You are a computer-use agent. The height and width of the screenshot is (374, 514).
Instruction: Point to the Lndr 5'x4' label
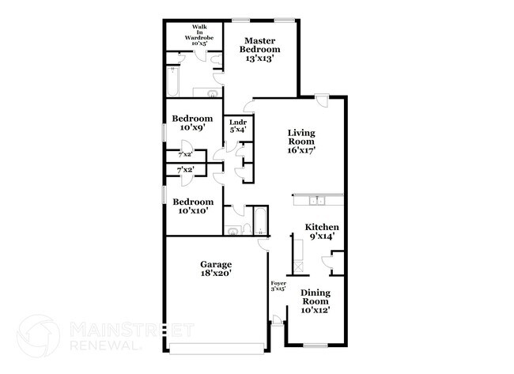tap(237, 126)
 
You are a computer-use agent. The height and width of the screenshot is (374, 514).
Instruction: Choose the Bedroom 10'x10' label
tap(193, 206)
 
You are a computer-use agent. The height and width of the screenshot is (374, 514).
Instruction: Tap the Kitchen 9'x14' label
tap(322, 231)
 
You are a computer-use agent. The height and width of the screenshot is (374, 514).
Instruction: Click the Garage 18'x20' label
tap(216, 269)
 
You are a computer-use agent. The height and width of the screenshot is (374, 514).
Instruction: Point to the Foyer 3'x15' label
tap(278, 286)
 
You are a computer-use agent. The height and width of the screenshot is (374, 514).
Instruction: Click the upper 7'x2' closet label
tap(186, 156)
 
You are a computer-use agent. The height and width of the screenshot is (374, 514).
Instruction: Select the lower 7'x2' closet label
tap(186, 170)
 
